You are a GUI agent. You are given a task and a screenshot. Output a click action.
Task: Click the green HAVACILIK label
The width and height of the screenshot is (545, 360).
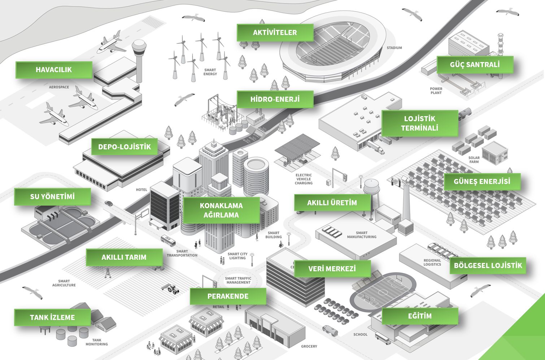54,70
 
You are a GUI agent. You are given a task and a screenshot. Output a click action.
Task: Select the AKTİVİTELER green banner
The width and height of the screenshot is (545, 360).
275,32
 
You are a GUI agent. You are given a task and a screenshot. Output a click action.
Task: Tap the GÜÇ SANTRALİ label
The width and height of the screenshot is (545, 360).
475,65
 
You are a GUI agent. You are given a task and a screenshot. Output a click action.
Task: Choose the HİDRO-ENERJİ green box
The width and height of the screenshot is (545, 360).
275,99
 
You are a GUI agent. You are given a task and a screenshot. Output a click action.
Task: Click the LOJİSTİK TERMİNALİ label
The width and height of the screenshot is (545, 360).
419,123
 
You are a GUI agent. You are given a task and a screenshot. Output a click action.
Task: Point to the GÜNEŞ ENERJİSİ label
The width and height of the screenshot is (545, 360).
482,181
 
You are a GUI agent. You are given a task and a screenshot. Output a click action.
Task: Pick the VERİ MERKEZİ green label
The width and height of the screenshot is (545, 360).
332,269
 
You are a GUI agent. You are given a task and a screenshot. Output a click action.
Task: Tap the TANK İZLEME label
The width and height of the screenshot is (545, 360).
52,317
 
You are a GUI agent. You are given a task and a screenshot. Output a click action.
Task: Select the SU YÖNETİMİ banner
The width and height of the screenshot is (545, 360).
52,197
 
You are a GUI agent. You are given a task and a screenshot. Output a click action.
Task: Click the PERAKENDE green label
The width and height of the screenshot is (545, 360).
228,296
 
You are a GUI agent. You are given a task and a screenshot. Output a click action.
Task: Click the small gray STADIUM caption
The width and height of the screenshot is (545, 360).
394,48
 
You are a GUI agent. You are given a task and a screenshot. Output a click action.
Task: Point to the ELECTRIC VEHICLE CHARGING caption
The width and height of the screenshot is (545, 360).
304,179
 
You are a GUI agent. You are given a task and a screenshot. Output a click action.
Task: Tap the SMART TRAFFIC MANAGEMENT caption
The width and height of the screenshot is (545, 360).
238,280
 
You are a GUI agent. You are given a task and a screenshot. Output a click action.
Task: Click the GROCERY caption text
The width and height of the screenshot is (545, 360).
309,346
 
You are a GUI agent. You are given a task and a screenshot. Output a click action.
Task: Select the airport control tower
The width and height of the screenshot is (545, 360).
139,58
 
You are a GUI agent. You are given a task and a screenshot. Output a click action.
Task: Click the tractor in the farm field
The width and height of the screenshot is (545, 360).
173,289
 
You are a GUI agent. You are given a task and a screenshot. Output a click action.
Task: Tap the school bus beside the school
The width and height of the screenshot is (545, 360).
383,339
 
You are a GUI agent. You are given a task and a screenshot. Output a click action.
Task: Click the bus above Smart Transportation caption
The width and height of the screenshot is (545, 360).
168,240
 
